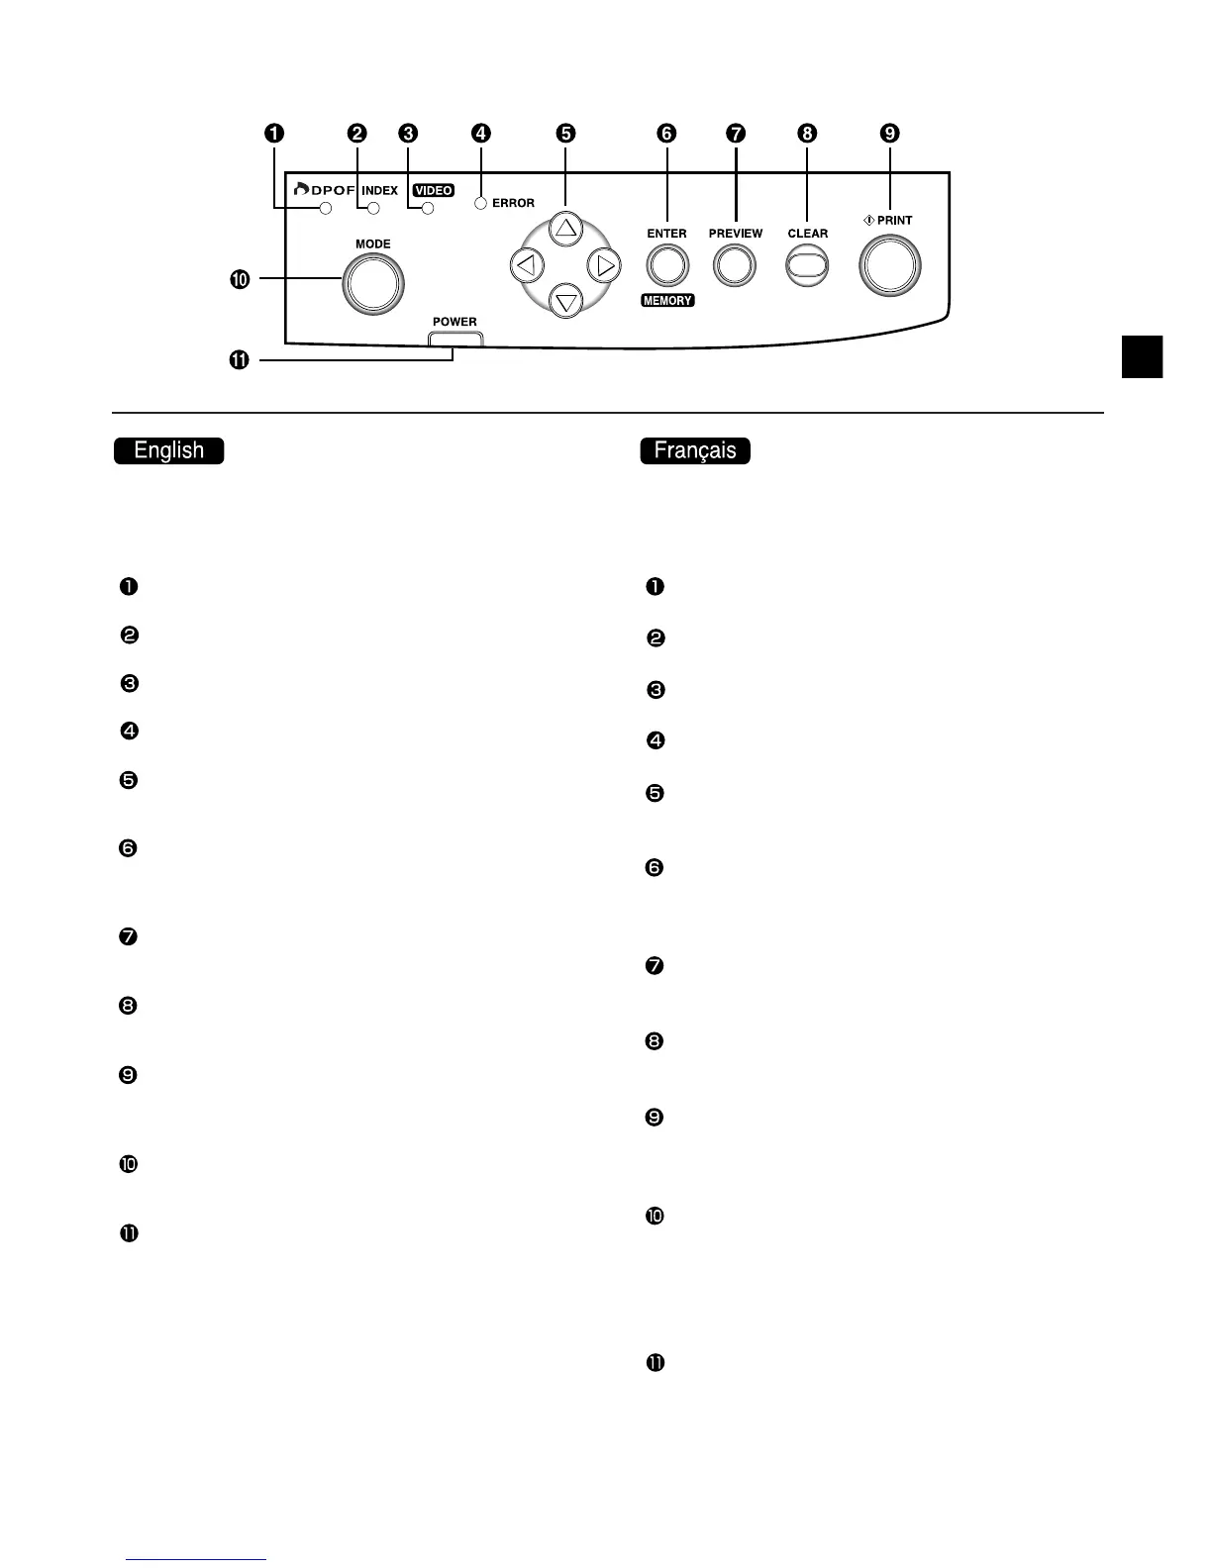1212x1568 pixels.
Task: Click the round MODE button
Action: point(373,284)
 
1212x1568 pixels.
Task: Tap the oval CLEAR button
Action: point(807,265)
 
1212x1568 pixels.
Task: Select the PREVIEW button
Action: point(734,265)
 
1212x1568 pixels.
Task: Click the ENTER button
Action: point(667,265)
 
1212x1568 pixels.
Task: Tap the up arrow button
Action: point(565,230)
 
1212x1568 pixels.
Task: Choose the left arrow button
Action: point(527,265)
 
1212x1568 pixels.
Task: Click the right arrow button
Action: point(603,265)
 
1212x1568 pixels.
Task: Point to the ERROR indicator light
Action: point(480,204)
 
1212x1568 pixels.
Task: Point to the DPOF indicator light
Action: point(325,208)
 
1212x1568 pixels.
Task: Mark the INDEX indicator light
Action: point(373,208)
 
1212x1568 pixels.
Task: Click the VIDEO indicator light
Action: point(428,208)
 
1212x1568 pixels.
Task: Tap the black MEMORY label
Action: point(667,301)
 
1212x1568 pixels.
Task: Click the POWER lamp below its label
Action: point(455,339)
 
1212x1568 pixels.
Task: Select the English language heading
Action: point(169,450)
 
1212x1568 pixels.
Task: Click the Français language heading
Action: point(695,450)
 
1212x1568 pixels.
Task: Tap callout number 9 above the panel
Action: point(890,133)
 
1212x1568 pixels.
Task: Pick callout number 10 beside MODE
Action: point(240,279)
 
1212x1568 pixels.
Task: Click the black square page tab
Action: point(1142,356)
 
